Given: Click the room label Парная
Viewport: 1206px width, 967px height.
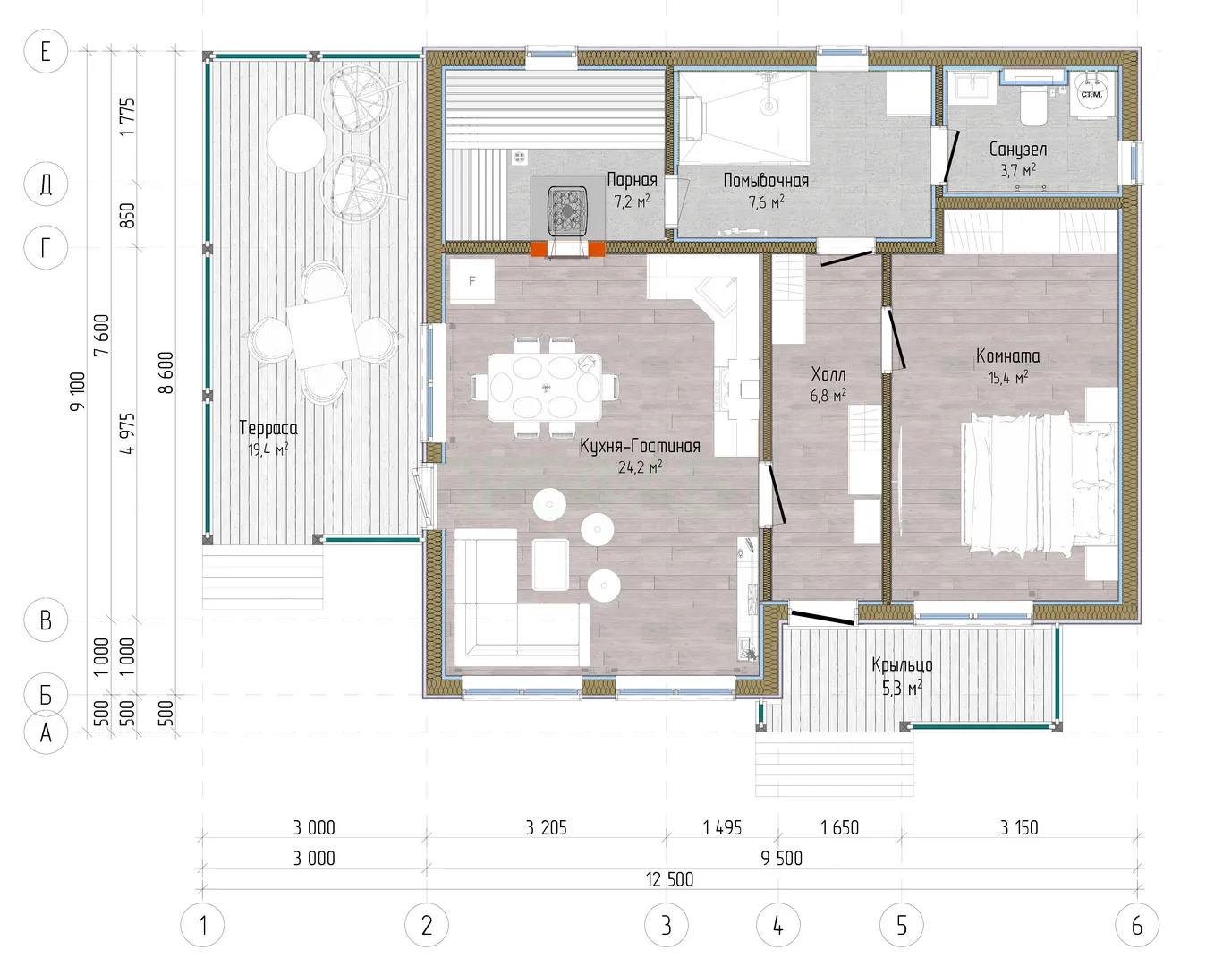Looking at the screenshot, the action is (x=633, y=180).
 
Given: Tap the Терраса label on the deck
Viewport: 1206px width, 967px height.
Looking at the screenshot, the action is (x=268, y=428).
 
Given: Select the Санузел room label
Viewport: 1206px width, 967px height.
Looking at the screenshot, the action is (x=1018, y=150).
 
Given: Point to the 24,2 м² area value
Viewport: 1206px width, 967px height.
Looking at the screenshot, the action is (x=640, y=466).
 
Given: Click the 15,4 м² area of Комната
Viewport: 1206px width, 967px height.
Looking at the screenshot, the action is (x=1008, y=377).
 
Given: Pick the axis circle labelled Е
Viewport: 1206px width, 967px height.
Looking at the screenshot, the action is (x=46, y=51).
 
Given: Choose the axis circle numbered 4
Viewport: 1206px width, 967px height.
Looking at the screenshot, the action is (x=777, y=925).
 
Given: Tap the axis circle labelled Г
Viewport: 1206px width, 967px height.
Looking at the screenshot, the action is (x=46, y=247).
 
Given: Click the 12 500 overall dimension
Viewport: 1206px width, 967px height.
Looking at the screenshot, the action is (x=669, y=879).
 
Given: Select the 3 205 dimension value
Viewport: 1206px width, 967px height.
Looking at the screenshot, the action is (x=547, y=828).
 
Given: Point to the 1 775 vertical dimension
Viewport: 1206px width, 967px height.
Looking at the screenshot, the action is (x=128, y=116).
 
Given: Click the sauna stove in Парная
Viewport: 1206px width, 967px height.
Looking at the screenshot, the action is (x=568, y=210).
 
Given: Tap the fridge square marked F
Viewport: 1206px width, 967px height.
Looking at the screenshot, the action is (x=471, y=280).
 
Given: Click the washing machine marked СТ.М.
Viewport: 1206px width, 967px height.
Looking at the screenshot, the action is (x=1091, y=94).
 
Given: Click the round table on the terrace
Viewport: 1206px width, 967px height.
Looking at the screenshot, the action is (x=296, y=143).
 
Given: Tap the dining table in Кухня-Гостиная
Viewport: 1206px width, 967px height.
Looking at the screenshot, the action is (x=545, y=387).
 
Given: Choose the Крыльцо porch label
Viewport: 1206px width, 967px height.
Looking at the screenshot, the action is (x=902, y=665).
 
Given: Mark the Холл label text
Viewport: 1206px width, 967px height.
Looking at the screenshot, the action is (x=828, y=374).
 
